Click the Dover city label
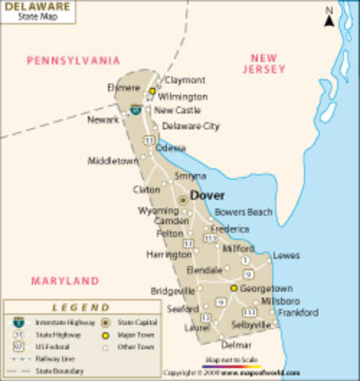click(207, 195)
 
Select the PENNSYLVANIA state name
click(73, 60)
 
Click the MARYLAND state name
click(65, 280)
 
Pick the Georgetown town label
click(266, 289)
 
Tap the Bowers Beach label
click(244, 213)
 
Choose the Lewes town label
click(286, 256)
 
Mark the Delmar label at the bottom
click(236, 345)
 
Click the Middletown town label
click(113, 160)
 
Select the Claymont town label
click(184, 80)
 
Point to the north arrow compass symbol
click(328, 17)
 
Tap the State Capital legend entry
click(136, 322)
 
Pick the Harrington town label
click(168, 255)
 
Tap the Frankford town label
click(298, 313)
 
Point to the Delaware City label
click(191, 126)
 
